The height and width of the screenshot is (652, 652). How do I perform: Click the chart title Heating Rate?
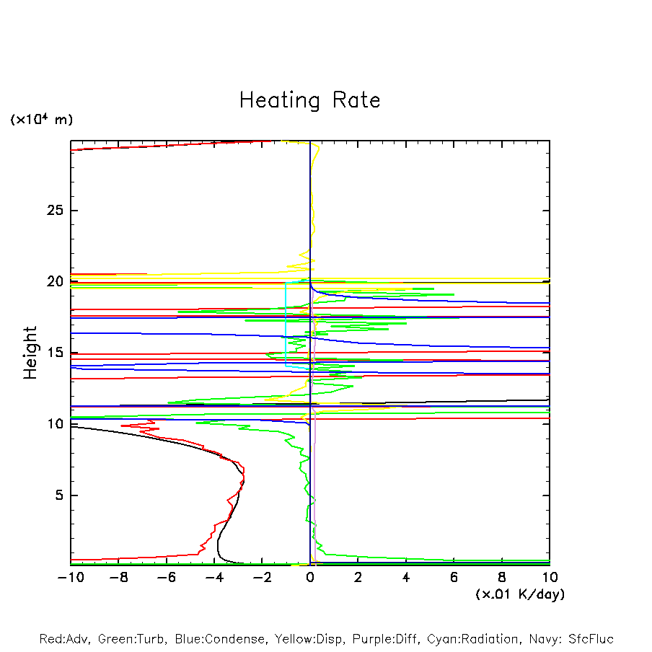coord(309,100)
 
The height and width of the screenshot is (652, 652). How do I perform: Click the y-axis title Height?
coord(30,353)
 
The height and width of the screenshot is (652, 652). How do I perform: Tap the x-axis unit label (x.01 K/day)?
coord(519,594)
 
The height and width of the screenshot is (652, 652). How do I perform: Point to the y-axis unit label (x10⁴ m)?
coord(41,120)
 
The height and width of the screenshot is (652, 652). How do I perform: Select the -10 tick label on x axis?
coord(70,577)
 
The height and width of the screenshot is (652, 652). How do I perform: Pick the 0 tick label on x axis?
coord(310,577)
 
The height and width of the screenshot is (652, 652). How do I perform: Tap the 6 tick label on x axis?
coord(454,577)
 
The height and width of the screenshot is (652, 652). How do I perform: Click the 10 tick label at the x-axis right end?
coord(549,577)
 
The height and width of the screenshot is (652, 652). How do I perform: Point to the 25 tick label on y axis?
coord(56,211)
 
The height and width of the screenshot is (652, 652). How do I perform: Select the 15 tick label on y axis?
coord(56,353)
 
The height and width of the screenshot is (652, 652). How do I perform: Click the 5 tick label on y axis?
coord(61,495)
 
